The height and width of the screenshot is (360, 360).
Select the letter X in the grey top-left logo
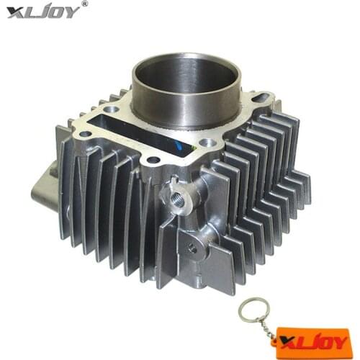(14, 12)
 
